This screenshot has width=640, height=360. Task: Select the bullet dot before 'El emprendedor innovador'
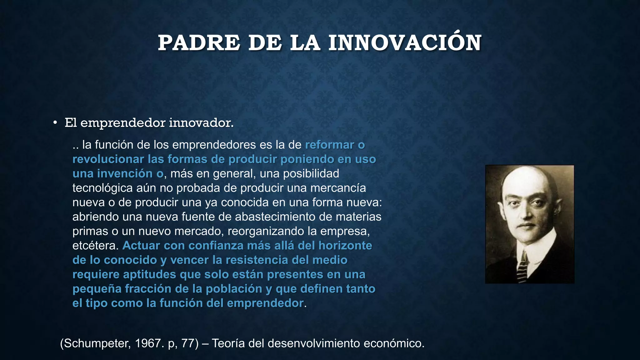tap(55, 123)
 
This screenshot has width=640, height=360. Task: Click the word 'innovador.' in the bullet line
tap(201, 123)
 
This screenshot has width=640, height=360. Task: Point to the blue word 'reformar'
tap(329, 145)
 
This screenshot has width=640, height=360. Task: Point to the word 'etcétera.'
tap(96, 246)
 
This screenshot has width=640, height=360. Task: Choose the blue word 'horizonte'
tap(345, 246)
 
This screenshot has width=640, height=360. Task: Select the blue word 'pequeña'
tap(97, 289)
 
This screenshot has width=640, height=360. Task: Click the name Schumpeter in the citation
tap(95, 343)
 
